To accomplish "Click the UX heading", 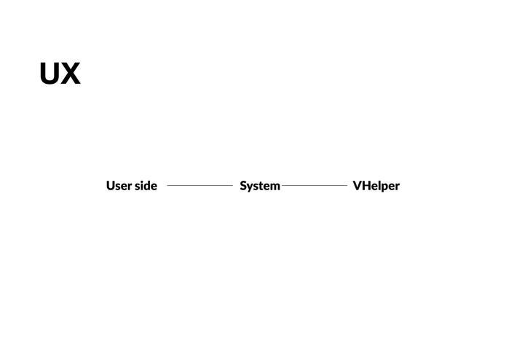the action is click(60, 74).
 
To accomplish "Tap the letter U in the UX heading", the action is click(50, 74).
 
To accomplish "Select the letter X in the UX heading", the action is click(71, 74).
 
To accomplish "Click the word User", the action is click(119, 186).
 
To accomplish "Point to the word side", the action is click(146, 186).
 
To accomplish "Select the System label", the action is click(260, 186).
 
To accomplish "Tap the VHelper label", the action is click(376, 186).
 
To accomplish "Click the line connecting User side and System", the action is click(199, 186).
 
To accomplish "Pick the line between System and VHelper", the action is click(315, 186).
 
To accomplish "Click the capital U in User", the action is click(111, 186).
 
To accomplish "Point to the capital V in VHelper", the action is click(357, 186).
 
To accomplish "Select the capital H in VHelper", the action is click(366, 186).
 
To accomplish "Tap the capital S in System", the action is click(243, 186).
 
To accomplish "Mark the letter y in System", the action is click(250, 187).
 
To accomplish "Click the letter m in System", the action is click(274, 187).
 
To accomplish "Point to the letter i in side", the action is click(141, 185).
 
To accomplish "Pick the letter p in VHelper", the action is click(384, 187).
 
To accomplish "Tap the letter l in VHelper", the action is click(378, 185).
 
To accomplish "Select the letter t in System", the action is click(261, 186).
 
